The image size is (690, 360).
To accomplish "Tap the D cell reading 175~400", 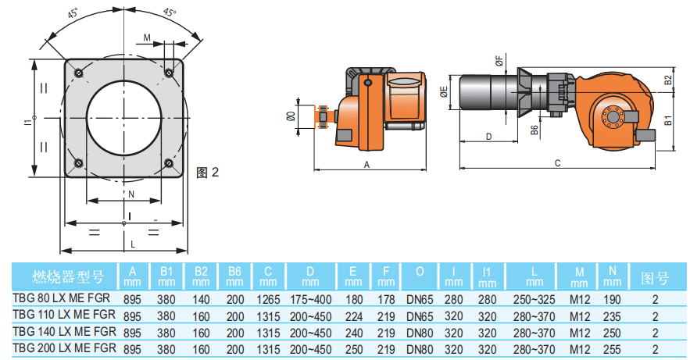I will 310,298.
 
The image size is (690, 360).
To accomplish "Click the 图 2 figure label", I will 208,172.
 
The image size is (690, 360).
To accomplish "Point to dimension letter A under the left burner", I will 366,165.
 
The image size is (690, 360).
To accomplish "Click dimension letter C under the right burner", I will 557,163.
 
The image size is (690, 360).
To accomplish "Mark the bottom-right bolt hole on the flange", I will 170,162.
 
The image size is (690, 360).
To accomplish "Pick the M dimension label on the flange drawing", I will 148,37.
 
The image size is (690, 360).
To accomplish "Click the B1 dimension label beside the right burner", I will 668,120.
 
